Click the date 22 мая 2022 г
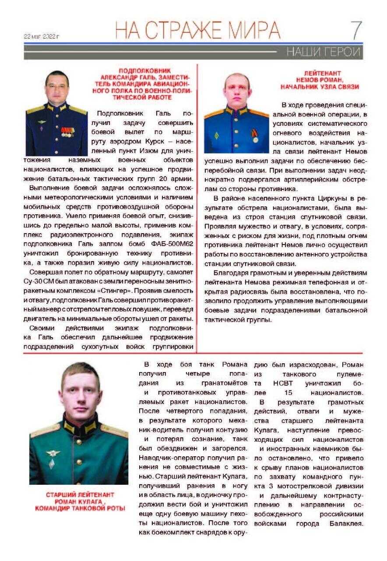pos(42,36)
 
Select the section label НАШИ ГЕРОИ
pos(323,52)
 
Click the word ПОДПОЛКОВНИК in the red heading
pos(140,70)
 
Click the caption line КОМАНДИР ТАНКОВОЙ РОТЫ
pos(80,508)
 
